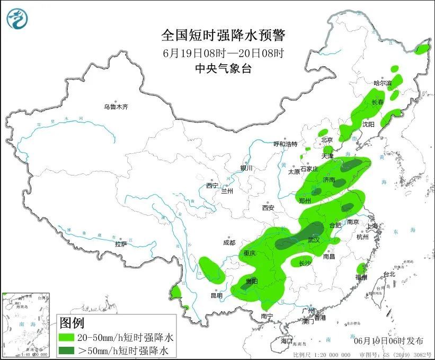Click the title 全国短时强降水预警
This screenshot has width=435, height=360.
coord(223,36)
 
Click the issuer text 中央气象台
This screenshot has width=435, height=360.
coord(223,68)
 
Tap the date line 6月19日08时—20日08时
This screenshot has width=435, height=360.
coord(223,52)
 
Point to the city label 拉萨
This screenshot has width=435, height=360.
coord(120,244)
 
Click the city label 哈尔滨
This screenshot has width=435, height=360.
coord(382,83)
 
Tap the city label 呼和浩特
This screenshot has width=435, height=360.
coord(285,144)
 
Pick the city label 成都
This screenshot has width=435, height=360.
coord(229,242)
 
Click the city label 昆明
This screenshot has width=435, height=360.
coord(216,295)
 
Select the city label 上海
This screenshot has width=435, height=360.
coord(373,226)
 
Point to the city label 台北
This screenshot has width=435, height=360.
coord(389,274)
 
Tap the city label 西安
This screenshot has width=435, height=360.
coord(267,208)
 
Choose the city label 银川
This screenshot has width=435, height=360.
coord(246,168)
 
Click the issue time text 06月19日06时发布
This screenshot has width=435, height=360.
coord(389,340)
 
